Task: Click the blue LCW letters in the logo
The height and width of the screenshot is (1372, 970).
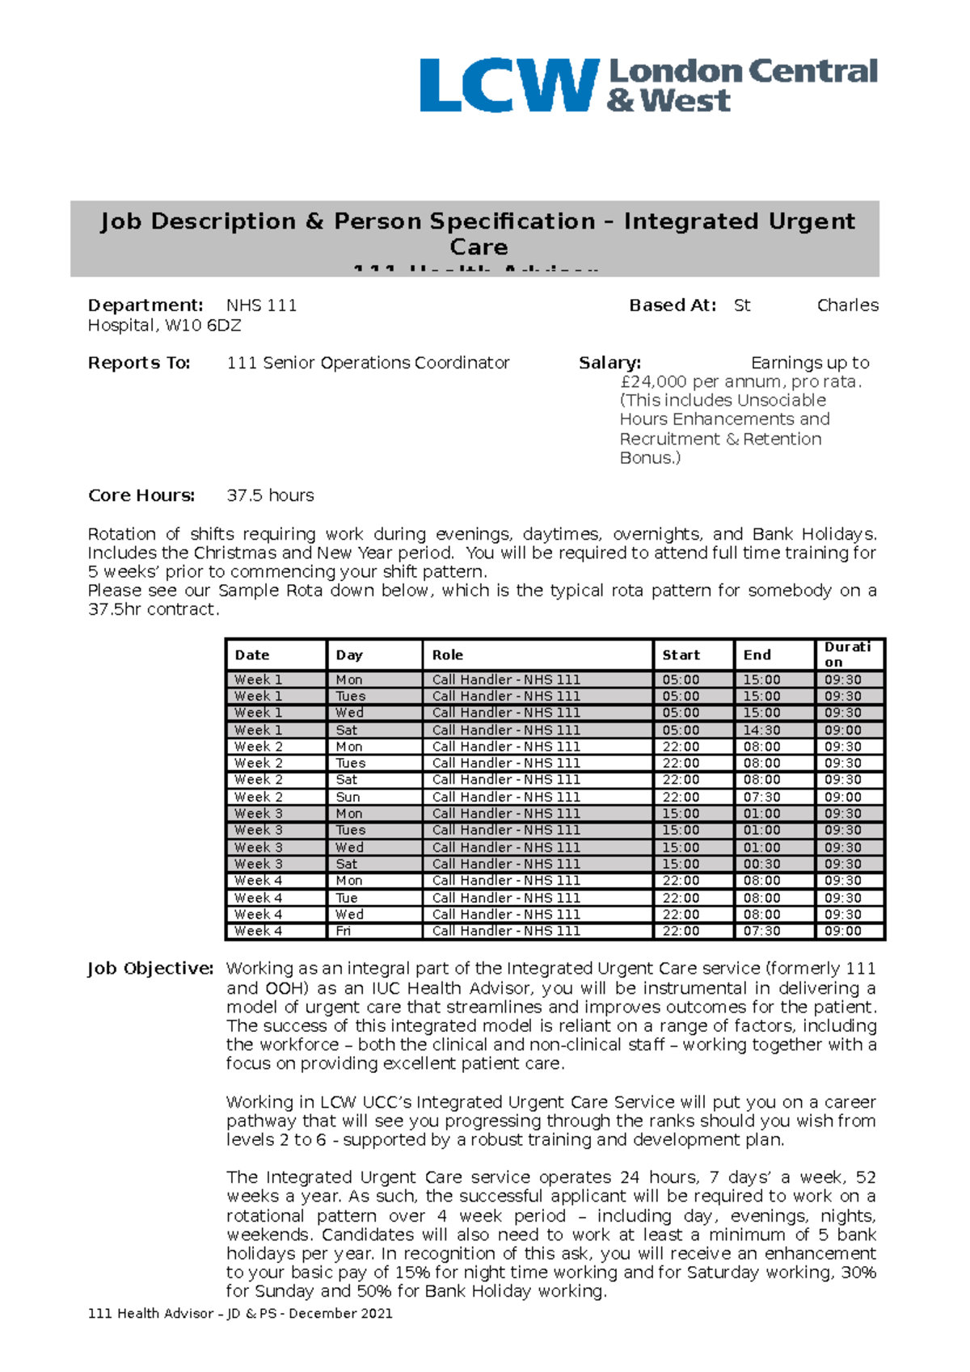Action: (x=508, y=85)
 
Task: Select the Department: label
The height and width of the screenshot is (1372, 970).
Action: (x=145, y=305)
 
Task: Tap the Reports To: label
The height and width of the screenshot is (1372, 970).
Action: (x=139, y=363)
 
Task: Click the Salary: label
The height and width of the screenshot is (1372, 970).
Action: (x=609, y=363)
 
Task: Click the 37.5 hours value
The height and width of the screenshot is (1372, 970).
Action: (x=270, y=495)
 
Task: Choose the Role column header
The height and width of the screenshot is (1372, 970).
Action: (x=448, y=654)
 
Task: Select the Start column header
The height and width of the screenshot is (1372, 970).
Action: (x=681, y=654)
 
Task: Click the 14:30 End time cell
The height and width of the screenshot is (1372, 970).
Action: (x=761, y=730)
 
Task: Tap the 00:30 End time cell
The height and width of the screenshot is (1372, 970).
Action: (x=761, y=864)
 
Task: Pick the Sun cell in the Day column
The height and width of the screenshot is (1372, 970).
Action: (x=348, y=797)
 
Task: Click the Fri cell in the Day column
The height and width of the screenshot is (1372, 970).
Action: (x=344, y=931)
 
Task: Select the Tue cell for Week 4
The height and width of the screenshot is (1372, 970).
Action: (x=347, y=898)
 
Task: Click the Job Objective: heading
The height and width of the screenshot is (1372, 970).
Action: (x=150, y=968)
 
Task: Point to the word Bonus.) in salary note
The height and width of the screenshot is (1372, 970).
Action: (x=650, y=457)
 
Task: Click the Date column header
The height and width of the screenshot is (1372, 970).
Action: (x=252, y=654)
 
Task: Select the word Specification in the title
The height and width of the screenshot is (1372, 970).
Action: (x=512, y=221)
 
